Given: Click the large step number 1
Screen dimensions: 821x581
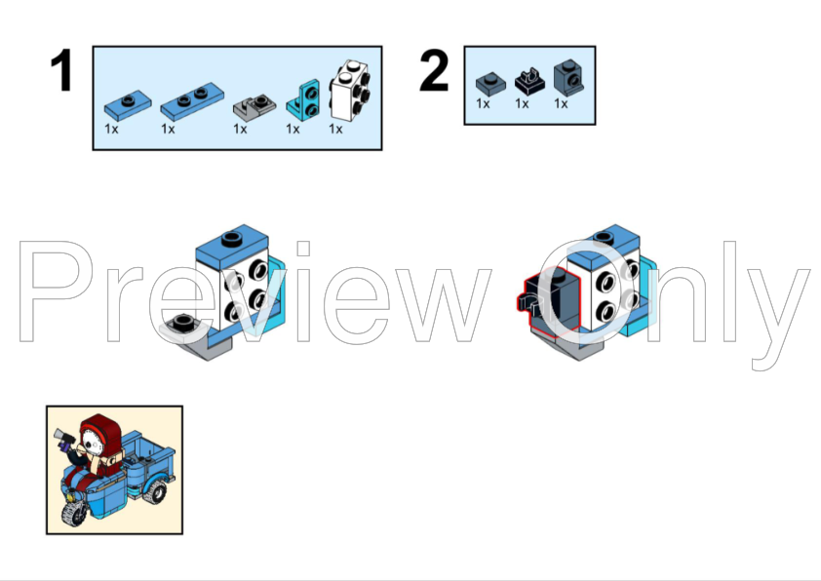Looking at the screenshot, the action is pos(61,69).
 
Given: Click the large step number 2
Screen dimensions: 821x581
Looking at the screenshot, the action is pos(434,69).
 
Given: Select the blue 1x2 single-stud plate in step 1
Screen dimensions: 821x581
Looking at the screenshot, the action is pos(128,105).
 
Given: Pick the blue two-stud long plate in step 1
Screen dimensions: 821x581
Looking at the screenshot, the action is pos(192,101).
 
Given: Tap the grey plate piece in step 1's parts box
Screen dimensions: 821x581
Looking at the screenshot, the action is pos(254,107).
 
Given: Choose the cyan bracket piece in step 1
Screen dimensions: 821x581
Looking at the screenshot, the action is pos(303,100).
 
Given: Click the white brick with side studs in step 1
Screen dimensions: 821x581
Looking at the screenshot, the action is pos(350,91).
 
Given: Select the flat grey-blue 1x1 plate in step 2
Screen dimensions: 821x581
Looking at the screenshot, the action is pos(490,84).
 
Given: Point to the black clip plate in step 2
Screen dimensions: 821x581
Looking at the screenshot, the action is pos(529,81).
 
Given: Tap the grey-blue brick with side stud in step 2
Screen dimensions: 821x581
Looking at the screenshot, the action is pos(568,77).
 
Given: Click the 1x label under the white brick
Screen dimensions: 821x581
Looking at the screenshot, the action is pos(335,129).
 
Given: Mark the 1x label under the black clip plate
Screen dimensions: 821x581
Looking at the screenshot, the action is pos(522,103).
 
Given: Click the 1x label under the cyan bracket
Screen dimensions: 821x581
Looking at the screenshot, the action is pos(293,129).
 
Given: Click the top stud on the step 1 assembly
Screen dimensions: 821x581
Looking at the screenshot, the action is pos(231,239).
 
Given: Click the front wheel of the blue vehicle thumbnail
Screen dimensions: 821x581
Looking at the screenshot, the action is pos(74,510).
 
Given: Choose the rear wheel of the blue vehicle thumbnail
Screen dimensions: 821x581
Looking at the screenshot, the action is pos(154,491).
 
